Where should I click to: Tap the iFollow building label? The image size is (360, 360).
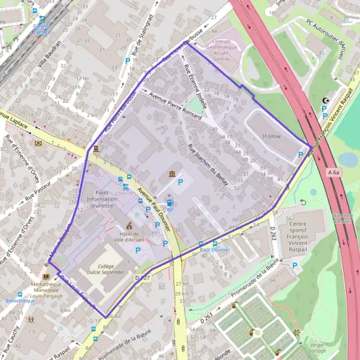point(272,136)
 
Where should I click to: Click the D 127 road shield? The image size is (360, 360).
point(141,278)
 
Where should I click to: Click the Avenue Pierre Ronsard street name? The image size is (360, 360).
point(175,106)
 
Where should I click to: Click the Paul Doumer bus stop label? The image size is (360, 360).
point(214,248)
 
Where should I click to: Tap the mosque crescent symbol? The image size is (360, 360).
point(326,101)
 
